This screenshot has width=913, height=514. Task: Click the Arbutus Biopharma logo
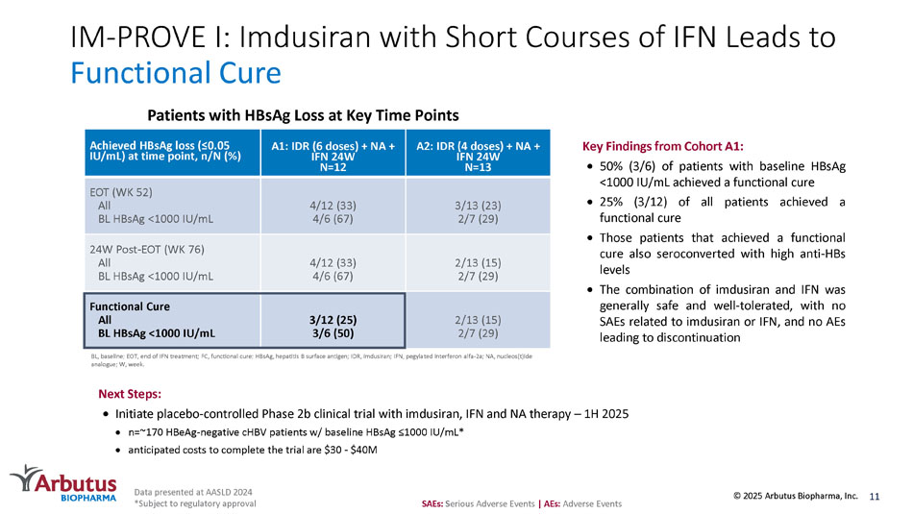click(63, 484)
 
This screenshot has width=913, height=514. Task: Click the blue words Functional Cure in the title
click(176, 74)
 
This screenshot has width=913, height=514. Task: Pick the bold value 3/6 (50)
click(333, 332)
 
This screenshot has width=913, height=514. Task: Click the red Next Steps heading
click(130, 394)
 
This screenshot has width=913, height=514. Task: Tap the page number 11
click(874, 496)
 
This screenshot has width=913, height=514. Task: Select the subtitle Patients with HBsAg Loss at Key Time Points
click(288, 113)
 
